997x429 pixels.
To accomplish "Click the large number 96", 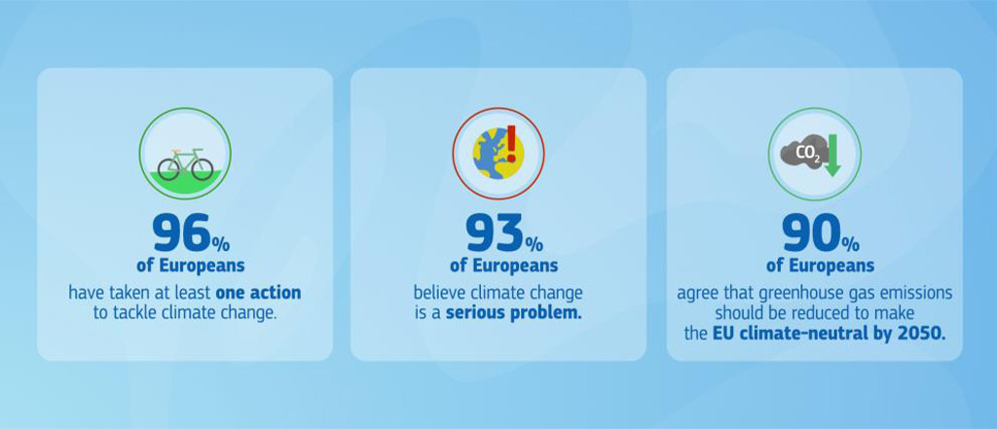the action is click(x=180, y=235).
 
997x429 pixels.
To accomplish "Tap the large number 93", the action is click(x=495, y=235).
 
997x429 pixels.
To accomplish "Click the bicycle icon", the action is click(x=185, y=164).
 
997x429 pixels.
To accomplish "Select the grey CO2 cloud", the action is click(x=804, y=153).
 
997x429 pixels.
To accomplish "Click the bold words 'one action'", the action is click(x=258, y=293).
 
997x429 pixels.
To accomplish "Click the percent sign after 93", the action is click(x=533, y=242).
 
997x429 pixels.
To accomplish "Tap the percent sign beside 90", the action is click(x=849, y=242).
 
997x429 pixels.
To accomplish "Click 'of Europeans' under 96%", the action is click(x=190, y=265).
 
